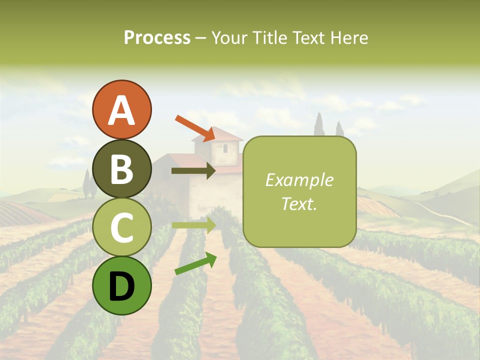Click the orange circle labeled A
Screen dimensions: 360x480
click(121, 109)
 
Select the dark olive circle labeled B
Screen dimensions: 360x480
click(121, 168)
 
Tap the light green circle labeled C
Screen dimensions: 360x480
click(121, 227)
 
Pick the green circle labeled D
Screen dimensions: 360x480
click(121, 285)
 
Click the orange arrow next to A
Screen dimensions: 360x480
click(195, 128)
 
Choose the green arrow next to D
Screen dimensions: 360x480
click(195, 263)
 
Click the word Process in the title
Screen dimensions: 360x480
click(157, 38)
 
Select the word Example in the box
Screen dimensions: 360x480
click(299, 180)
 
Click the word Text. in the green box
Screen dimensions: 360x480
click(299, 204)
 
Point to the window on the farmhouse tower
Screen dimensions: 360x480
click(225, 148)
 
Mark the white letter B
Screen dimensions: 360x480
click(121, 169)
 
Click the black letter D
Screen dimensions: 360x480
click(121, 286)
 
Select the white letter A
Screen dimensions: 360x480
click(121, 110)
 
